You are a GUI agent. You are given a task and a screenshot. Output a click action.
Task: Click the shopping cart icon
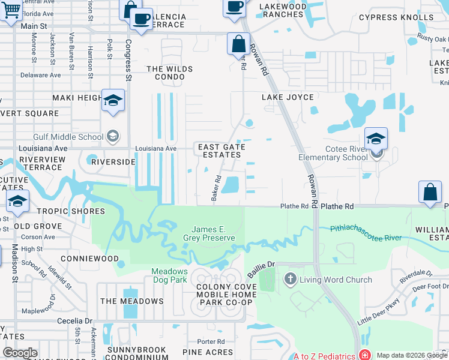10,10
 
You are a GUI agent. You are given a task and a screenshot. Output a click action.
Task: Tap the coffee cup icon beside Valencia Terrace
141,20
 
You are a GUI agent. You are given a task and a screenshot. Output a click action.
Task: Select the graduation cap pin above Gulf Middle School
112,101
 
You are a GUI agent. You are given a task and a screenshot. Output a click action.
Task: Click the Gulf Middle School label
69,137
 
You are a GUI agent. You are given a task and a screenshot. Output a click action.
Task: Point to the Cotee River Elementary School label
334,153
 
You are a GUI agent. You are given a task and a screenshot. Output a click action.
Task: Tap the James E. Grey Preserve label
213,233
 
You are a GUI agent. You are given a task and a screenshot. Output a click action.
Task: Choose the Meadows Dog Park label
169,275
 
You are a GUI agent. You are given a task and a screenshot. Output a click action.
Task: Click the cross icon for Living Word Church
291,279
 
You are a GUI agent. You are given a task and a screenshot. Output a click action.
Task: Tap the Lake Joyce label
288,97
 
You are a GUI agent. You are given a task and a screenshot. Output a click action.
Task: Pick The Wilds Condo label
170,73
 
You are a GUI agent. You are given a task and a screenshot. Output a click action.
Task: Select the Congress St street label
128,61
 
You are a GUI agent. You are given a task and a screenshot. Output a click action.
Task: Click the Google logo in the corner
20,353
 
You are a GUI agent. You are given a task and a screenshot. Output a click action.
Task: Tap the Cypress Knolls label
396,17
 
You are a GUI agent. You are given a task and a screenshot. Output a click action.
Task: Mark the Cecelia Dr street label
75,321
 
